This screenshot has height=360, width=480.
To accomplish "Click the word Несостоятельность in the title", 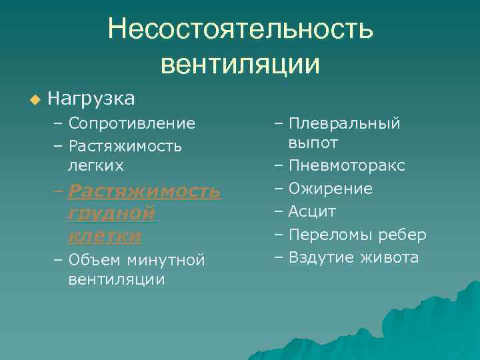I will [x=241, y=29].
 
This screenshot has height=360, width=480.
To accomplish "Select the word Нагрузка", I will [x=91, y=99].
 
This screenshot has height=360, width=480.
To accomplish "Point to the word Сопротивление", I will [x=131, y=123].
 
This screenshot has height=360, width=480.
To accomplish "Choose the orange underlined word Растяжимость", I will [x=144, y=192].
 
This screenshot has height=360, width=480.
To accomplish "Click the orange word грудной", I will [x=111, y=214].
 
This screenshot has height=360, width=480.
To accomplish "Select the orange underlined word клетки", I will [x=104, y=236].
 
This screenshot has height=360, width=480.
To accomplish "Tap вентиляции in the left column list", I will [x=116, y=279].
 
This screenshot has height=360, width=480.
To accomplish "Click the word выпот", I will [x=313, y=143].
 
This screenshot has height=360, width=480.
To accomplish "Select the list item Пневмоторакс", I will [x=346, y=165].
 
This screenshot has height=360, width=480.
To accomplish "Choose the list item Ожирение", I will [x=330, y=189].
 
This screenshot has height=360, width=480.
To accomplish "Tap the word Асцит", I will [x=312, y=211].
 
